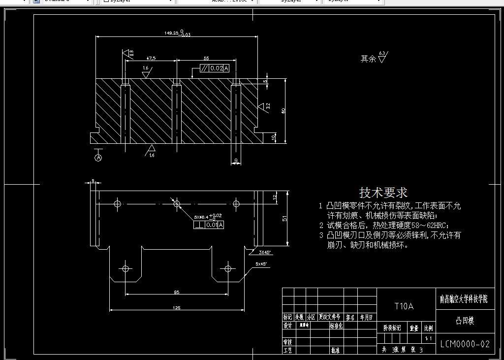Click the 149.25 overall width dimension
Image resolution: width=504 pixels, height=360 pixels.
click(172, 33)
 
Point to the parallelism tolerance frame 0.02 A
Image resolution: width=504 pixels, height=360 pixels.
click(215, 68)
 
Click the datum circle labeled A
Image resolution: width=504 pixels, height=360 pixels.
click(98, 158)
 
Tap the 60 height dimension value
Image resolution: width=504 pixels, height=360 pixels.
click(283, 111)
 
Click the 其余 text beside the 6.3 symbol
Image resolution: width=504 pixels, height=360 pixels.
click(368, 59)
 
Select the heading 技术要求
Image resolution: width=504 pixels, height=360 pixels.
click(383, 192)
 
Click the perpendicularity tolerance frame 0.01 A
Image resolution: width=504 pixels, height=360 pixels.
click(209, 225)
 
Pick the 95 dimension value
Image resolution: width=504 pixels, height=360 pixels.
click(176, 293)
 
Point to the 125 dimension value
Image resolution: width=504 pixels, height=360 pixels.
click(177, 308)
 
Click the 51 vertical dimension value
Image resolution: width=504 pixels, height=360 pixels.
click(284, 219)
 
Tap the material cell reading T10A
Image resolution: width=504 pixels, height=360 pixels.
click(404, 306)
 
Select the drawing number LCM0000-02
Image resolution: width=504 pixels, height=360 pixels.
click(465, 344)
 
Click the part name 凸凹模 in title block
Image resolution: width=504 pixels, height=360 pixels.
click(465, 321)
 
